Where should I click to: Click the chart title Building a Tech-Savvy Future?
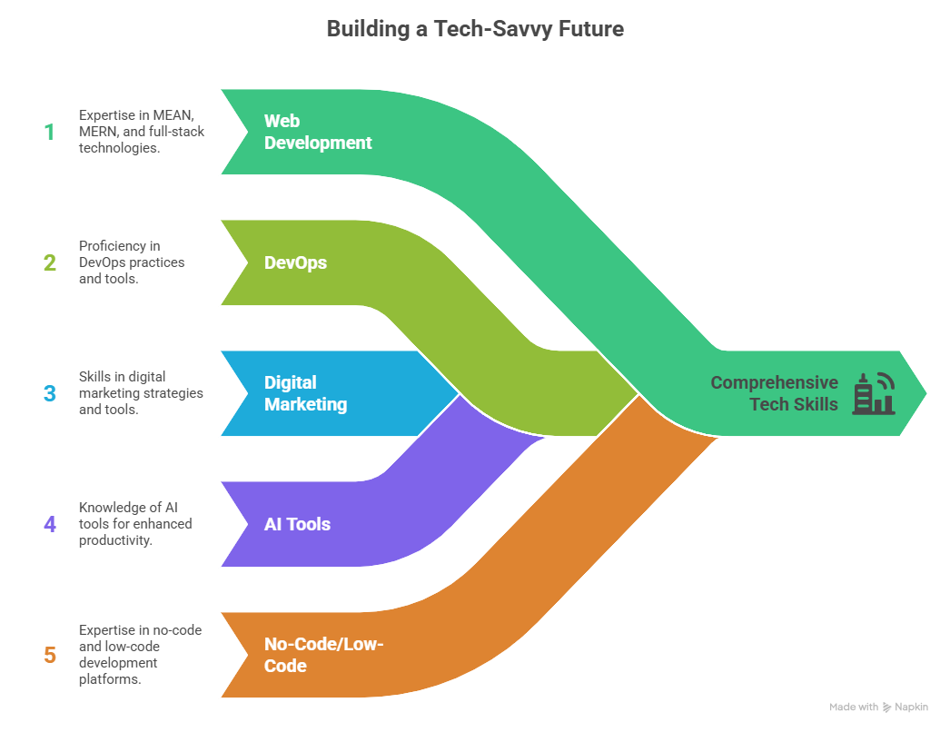pos(475,28)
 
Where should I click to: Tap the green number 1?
pos(49,132)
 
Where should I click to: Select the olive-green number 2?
pos(49,263)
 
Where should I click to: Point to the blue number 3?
pos(49,394)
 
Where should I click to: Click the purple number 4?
pos(49,524)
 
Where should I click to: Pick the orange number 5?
pos(49,655)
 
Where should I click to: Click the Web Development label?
pos(318,132)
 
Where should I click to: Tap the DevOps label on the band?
pos(295,263)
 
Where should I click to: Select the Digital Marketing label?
pos(305,393)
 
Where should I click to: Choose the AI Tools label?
pos(297,524)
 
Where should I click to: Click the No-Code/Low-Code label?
pos(324,655)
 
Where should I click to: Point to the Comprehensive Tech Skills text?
pos(774,393)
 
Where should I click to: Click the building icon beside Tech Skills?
pos(873,393)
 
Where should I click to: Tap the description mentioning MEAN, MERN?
pos(142,132)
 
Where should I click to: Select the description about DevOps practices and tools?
pos(132,262)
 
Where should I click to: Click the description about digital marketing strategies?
pos(141,393)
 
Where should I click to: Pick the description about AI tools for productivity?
pos(135,524)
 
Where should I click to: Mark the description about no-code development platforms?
pos(140,655)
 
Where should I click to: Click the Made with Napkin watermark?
pos(878,707)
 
